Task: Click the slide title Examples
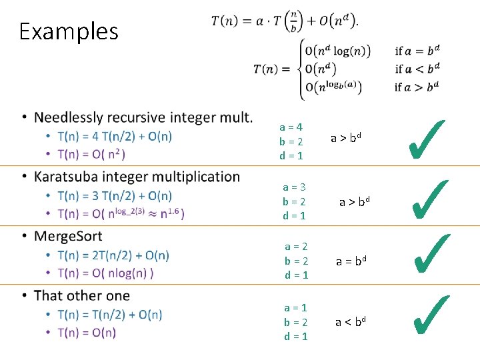pyautogui.click(x=69, y=31)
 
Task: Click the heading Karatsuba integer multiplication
pyautogui.click(x=137, y=177)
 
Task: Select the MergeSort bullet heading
pyautogui.click(x=68, y=236)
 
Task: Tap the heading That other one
pyautogui.click(x=82, y=295)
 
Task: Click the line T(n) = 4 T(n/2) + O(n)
pyautogui.click(x=115, y=137)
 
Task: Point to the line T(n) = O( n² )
pyautogui.click(x=91, y=154)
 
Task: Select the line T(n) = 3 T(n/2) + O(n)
pyautogui.click(x=115, y=195)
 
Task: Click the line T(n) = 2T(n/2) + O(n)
pyautogui.click(x=113, y=255)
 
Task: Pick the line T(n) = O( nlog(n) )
pyautogui.click(x=105, y=273)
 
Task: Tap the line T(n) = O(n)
pyautogui.click(x=87, y=333)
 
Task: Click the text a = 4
pyautogui.click(x=291, y=127)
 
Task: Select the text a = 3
pyautogui.click(x=294, y=187)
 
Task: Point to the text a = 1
pyautogui.click(x=295, y=307)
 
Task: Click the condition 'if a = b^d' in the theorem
pyautogui.click(x=417, y=51)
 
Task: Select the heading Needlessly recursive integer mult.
pyautogui.click(x=143, y=118)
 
